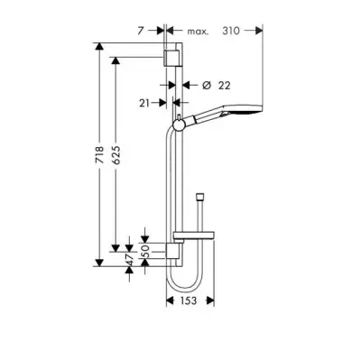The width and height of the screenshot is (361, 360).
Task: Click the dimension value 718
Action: [x=100, y=155]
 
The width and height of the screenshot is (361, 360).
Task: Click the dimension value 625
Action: [x=116, y=155]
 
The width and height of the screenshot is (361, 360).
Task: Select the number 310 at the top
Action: [x=231, y=31]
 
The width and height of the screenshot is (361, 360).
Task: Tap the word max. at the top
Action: [x=198, y=32]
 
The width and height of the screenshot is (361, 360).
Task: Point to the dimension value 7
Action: [x=141, y=31]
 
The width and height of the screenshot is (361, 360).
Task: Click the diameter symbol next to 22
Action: [x=206, y=86]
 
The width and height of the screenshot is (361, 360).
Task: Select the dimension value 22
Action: [x=224, y=86]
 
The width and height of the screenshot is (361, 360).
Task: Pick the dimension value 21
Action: [x=144, y=103]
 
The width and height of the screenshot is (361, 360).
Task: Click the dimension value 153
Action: [x=188, y=300]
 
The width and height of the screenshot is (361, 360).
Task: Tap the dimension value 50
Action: [x=145, y=252]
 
